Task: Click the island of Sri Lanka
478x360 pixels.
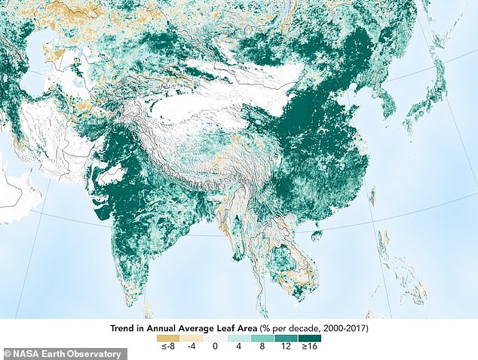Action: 149,308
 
